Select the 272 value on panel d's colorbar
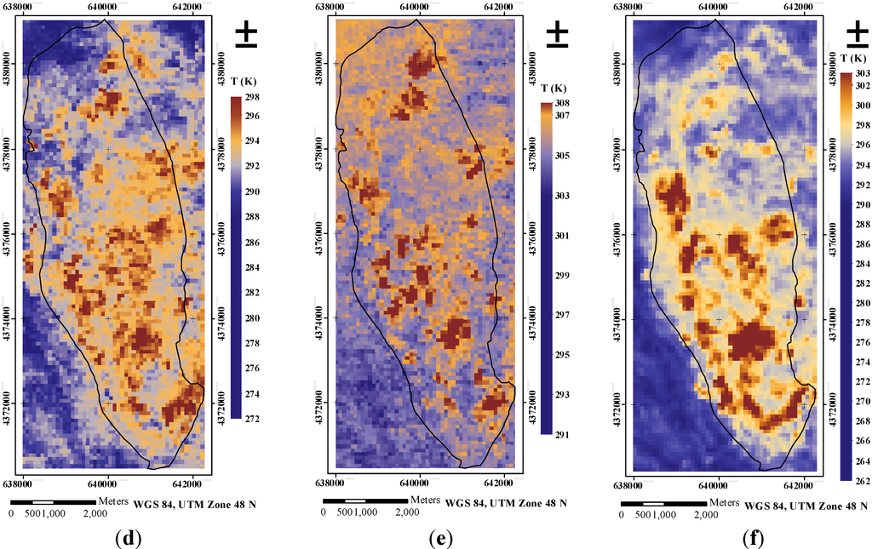click(253, 418)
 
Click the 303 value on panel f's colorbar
click(862, 76)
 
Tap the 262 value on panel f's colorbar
click(862, 478)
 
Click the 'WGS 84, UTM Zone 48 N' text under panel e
click(506, 503)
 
